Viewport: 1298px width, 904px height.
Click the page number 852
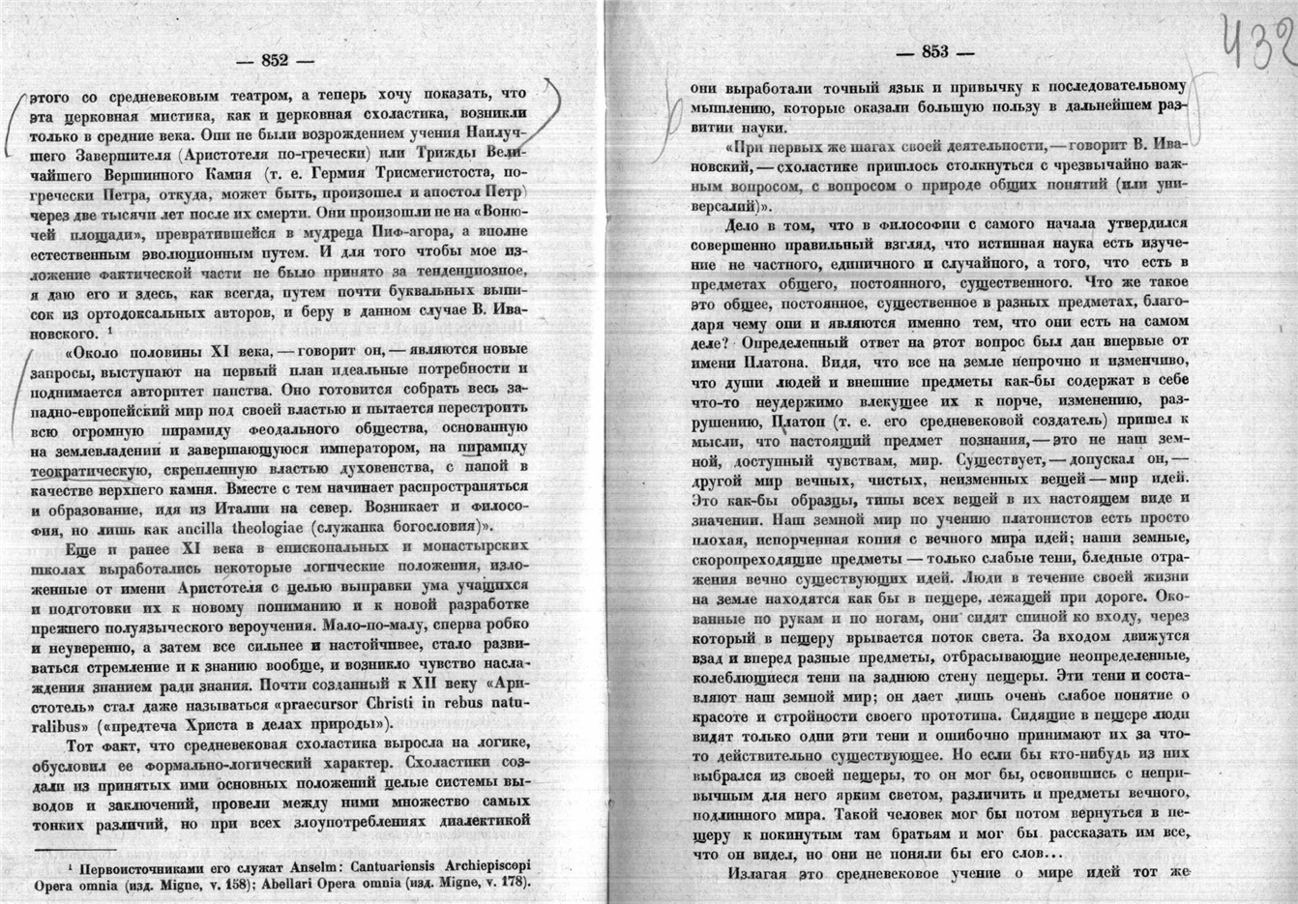point(276,60)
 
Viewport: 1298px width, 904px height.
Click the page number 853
point(935,53)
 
